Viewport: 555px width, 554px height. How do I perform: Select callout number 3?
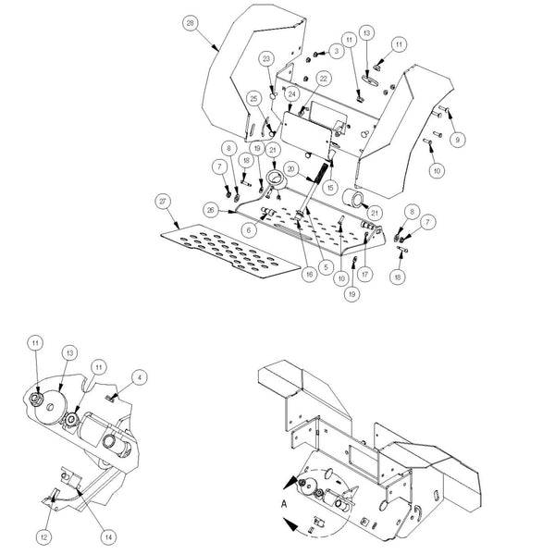[336, 53]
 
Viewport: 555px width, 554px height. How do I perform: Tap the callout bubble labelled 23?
[268, 59]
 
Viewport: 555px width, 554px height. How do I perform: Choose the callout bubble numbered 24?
[291, 94]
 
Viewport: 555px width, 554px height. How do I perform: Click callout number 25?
[253, 99]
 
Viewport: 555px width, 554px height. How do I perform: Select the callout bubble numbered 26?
[211, 211]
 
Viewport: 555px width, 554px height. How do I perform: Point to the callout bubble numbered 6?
[248, 228]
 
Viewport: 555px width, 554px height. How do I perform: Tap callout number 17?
[366, 274]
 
